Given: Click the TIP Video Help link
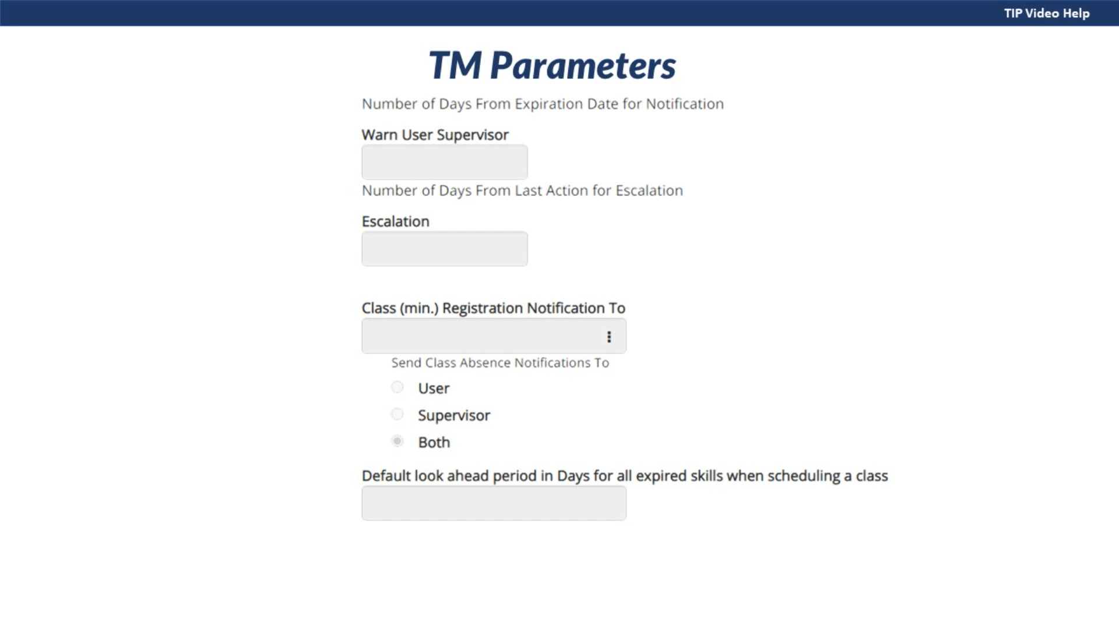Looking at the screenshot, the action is pyautogui.click(x=1046, y=13).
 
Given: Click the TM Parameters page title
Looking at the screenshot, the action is pyautogui.click(x=552, y=65).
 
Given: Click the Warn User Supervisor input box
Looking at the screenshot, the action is pyautogui.click(x=445, y=162).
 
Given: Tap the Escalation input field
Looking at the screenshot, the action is pyautogui.click(x=445, y=249).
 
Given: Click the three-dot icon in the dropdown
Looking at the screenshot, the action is pyautogui.click(x=609, y=337).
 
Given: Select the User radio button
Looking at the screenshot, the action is pyautogui.click(x=397, y=387).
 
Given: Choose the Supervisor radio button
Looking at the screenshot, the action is pyautogui.click(x=397, y=414).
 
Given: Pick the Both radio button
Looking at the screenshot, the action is pyautogui.click(x=397, y=441).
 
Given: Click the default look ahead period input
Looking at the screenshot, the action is pyautogui.click(x=494, y=503).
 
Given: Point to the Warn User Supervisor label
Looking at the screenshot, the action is pyautogui.click(x=435, y=135).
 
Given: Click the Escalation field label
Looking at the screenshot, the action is pyautogui.click(x=396, y=221).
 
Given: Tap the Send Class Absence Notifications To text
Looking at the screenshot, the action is pyautogui.click(x=500, y=363).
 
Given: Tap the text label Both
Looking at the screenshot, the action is pyautogui.click(x=434, y=442).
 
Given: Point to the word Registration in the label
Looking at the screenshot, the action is pyautogui.click(x=483, y=309).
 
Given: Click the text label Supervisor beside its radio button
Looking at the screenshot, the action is pyautogui.click(x=454, y=416).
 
